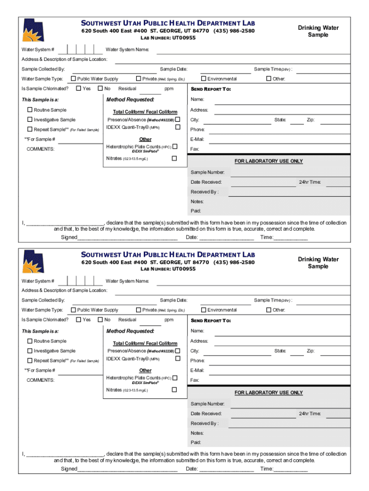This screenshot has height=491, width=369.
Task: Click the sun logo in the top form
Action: pyautogui.click(x=33, y=30)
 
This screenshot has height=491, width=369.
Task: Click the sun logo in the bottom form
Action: pyautogui.click(x=33, y=261)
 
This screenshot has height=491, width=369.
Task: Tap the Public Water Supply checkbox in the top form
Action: pyautogui.click(x=73, y=79)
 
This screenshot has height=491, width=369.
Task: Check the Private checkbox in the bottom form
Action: pyautogui.click(x=138, y=310)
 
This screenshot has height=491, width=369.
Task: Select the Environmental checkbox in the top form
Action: pyautogui.click(x=203, y=79)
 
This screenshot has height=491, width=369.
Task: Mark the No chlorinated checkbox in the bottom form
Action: pyautogui.click(x=100, y=319)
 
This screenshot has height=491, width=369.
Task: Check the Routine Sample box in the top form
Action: pyautogui.click(x=30, y=110)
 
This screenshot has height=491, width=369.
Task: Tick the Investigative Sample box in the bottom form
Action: pyautogui.click(x=30, y=351)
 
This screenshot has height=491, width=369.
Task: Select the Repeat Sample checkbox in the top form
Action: pyautogui.click(x=30, y=129)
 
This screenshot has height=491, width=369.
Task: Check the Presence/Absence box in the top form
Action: pyautogui.click(x=177, y=119)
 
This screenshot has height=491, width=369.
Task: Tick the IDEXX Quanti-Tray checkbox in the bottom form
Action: pyautogui.click(x=177, y=358)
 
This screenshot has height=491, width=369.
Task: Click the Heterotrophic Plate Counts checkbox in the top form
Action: pyautogui.click(x=174, y=146)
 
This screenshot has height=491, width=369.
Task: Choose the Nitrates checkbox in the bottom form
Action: pyautogui.click(x=174, y=389)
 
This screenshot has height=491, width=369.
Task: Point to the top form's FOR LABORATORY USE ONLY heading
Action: pyautogui.click(x=268, y=161)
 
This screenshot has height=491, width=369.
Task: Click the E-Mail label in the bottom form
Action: pyautogui.click(x=197, y=370)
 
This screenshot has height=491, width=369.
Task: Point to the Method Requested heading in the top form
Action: pyautogui.click(x=130, y=100)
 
